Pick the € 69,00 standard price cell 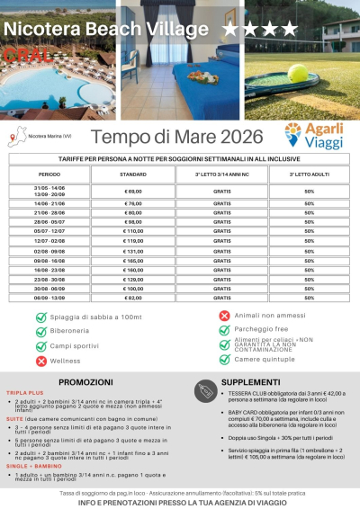click(x=133, y=191)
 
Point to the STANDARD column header click(x=132, y=174)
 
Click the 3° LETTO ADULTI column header click(x=309, y=174)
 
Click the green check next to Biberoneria click(x=40, y=331)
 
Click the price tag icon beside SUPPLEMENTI click(x=203, y=386)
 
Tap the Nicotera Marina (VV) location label click(x=49, y=137)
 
